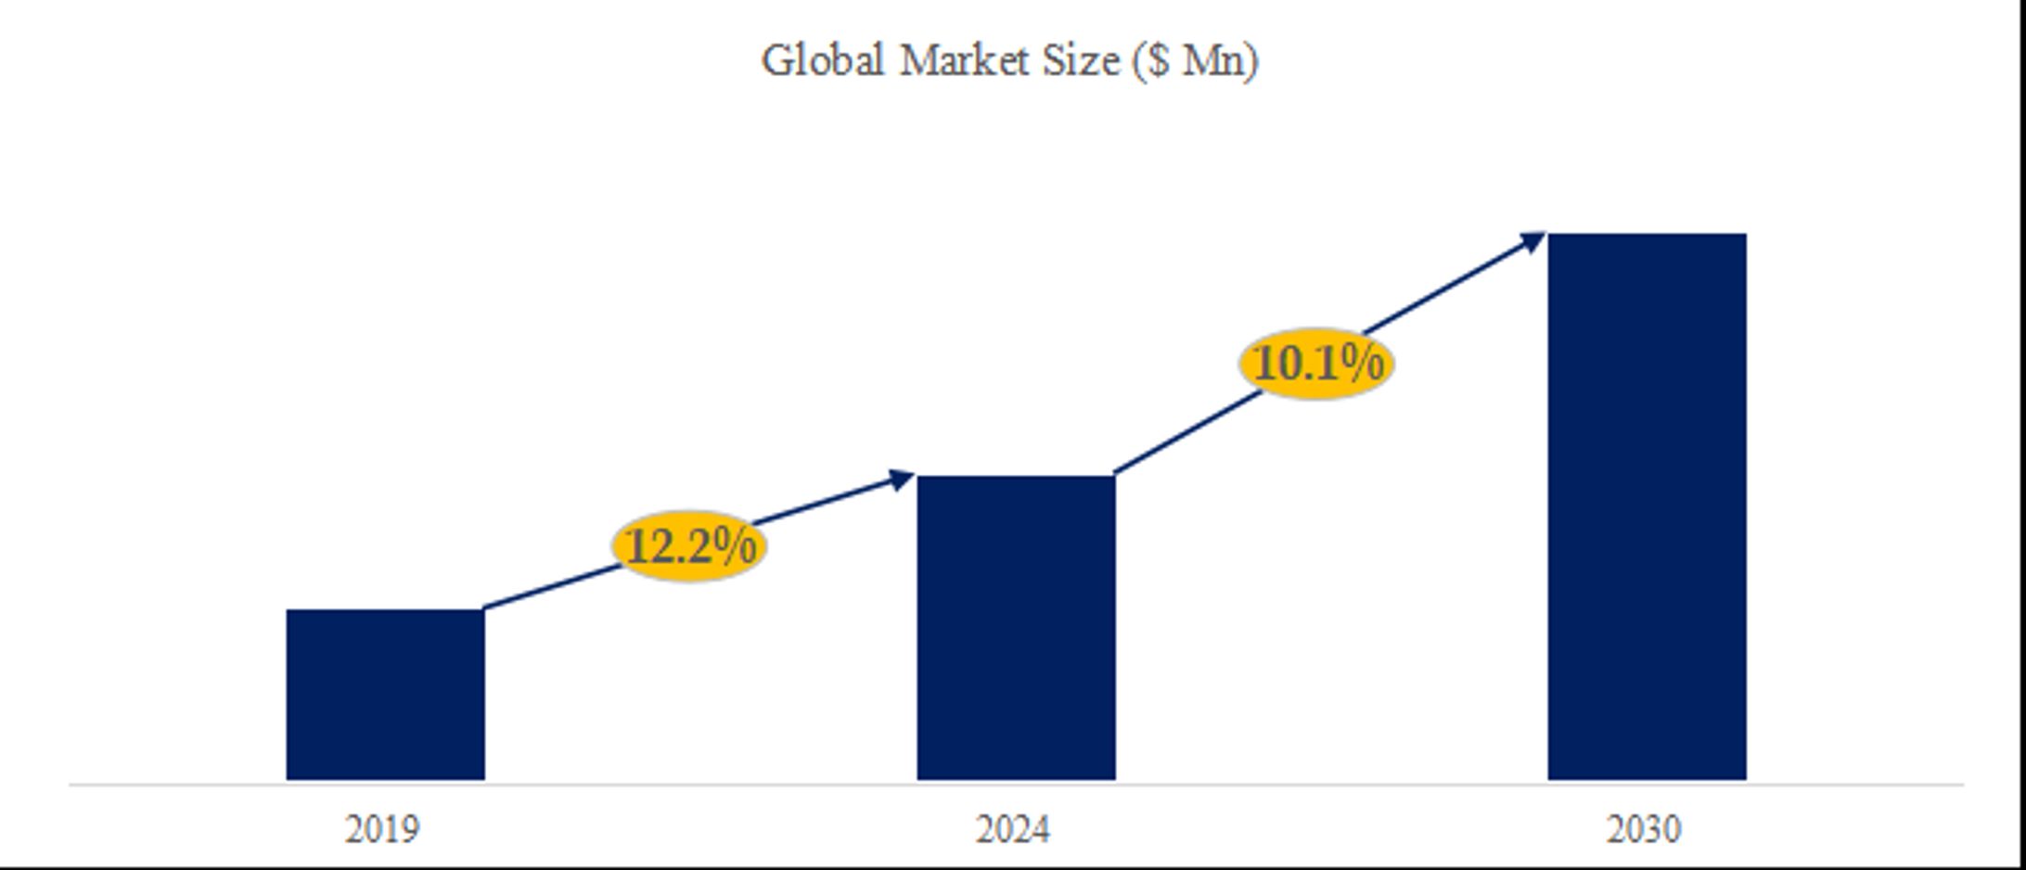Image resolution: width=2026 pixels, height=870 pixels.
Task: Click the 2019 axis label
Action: (x=382, y=828)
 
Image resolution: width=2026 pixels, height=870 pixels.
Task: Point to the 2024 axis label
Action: (x=1012, y=828)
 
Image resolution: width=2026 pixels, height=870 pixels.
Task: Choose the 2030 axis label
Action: (x=1643, y=828)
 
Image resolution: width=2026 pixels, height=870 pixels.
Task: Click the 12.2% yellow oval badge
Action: (x=689, y=546)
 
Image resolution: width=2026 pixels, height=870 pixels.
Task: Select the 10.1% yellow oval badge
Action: (x=1316, y=363)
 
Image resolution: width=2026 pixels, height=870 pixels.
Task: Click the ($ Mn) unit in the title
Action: (x=1196, y=61)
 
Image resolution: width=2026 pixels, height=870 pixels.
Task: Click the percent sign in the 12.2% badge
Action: (x=737, y=545)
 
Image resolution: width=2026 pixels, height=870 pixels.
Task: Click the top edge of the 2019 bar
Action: (x=385, y=610)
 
